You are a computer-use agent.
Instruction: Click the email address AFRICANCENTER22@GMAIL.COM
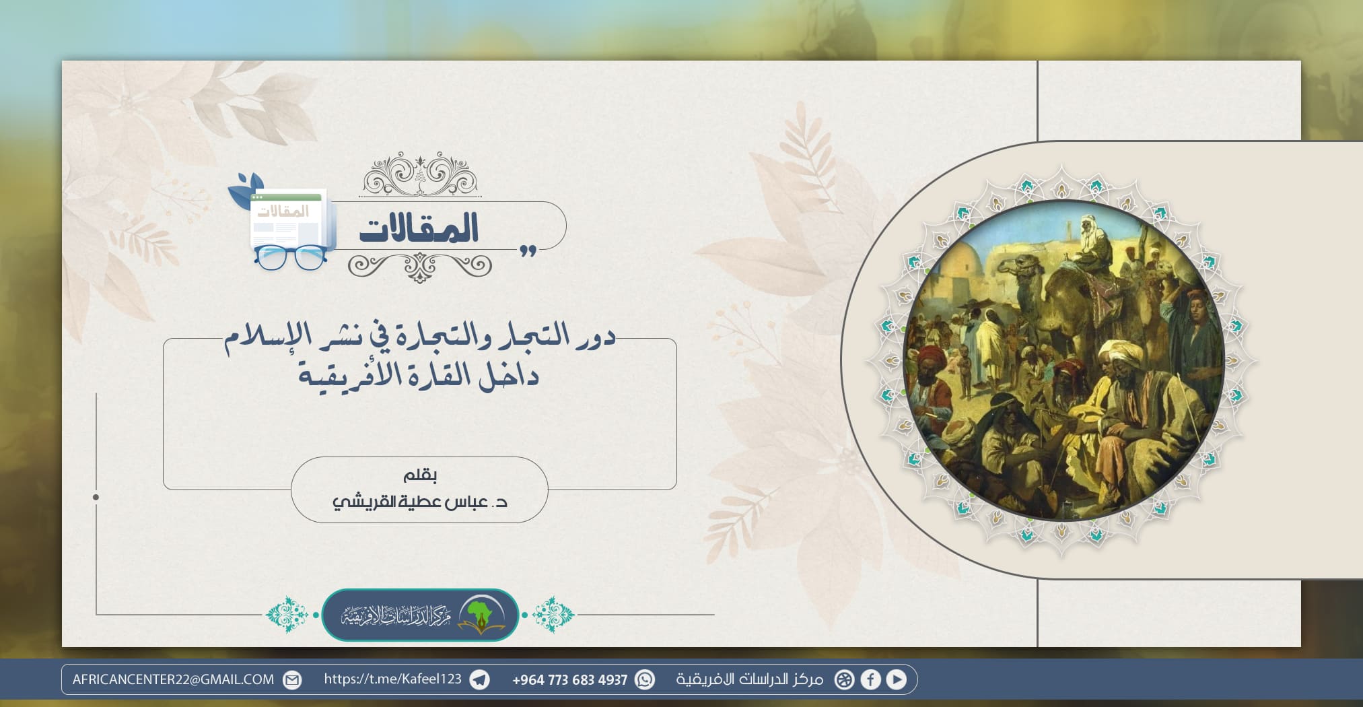(173, 679)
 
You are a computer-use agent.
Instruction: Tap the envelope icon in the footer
(292, 680)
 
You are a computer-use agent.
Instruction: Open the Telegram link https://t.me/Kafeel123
(392, 679)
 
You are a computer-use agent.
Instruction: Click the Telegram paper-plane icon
(479, 680)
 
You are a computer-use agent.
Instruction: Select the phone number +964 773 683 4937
(569, 680)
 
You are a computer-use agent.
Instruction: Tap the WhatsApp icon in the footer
(645, 680)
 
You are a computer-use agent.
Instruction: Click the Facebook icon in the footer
(870, 680)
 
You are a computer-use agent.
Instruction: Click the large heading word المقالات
(419, 228)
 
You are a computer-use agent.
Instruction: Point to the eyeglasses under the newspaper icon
(290, 258)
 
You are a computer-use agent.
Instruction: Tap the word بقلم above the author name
(420, 475)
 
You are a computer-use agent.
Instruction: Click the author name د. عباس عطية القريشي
(419, 502)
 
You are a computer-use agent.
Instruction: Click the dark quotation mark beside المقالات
(528, 251)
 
